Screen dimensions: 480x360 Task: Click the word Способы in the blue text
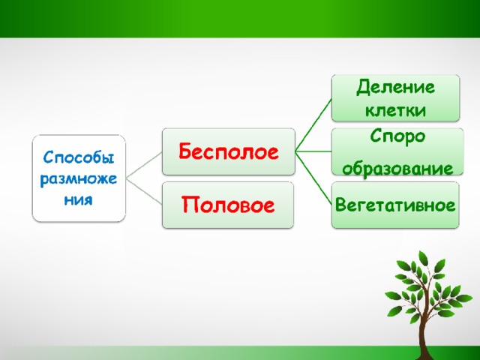click(x=78, y=157)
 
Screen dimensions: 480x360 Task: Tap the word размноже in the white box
click(x=78, y=178)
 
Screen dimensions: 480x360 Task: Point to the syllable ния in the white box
click(x=78, y=200)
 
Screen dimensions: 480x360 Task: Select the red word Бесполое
click(x=229, y=151)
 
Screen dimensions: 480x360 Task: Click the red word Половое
click(x=228, y=205)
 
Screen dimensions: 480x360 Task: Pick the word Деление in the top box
click(x=395, y=87)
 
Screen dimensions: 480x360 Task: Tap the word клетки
click(x=395, y=110)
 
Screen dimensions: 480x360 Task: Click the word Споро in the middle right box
click(x=397, y=136)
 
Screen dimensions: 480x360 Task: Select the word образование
click(x=397, y=168)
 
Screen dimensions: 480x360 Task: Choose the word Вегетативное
click(x=395, y=205)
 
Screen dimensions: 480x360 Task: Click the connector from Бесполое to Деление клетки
click(x=313, y=125)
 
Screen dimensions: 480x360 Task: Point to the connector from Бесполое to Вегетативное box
click(x=313, y=178)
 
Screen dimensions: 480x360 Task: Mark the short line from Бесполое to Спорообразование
click(x=313, y=151)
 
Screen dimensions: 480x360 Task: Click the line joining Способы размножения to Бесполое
click(x=144, y=165)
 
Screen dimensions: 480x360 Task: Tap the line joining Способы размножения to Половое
click(x=144, y=191)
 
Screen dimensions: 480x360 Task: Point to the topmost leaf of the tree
click(x=423, y=257)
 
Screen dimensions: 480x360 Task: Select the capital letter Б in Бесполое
click(x=186, y=151)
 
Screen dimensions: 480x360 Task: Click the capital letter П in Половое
click(x=190, y=204)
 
